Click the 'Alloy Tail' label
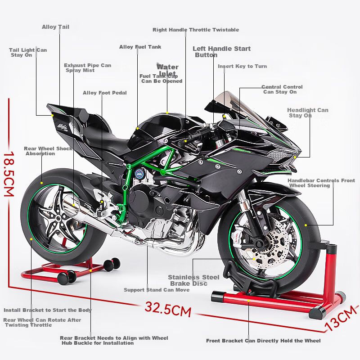point(55,27)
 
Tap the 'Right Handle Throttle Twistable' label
point(196,30)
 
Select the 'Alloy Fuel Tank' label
point(140,47)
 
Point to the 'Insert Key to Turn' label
point(242,66)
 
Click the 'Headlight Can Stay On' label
point(308,112)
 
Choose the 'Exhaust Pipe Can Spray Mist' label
point(87,68)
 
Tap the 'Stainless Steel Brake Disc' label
point(193,280)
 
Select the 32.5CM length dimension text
point(168,309)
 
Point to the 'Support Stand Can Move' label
point(157,290)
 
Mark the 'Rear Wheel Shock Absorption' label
point(48,151)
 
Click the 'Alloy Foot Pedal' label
point(104,93)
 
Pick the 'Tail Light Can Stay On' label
point(28,53)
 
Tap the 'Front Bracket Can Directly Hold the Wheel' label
point(263,341)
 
